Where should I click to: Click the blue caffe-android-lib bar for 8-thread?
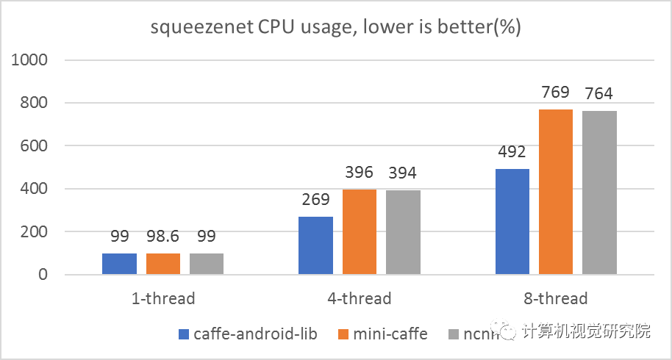(512, 222)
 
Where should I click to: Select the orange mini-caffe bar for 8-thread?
(556, 192)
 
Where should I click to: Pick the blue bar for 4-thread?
(315, 245)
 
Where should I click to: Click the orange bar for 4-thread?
(359, 232)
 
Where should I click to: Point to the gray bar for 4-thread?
(402, 232)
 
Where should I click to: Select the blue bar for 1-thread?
(119, 264)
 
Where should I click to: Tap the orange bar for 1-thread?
(162, 264)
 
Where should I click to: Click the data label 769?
(555, 93)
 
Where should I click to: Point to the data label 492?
(512, 152)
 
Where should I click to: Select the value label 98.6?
(162, 237)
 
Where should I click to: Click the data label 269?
(315, 200)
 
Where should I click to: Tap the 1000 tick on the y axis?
(30, 60)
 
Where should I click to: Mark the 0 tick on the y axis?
(43, 275)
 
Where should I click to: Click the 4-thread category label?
(359, 299)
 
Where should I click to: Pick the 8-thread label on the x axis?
(555, 299)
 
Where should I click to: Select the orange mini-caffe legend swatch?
(343, 334)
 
